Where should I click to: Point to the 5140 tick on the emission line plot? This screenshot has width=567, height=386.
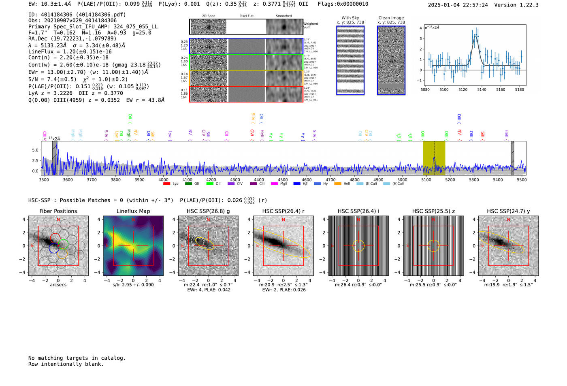(x=482, y=90)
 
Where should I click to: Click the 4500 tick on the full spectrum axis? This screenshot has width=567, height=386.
(x=283, y=179)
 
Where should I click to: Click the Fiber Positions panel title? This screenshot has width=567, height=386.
(x=58, y=211)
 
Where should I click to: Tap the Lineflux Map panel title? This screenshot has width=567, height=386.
(x=133, y=211)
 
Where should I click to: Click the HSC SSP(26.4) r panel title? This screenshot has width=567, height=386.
(x=283, y=211)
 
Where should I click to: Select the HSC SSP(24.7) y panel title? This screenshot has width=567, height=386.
(x=508, y=211)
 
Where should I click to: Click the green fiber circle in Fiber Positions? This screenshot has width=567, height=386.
(x=63, y=243)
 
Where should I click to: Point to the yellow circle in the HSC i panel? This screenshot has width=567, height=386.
(x=358, y=245)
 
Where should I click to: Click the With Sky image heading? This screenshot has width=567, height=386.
(x=350, y=18)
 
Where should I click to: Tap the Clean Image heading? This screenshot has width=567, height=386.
(x=391, y=18)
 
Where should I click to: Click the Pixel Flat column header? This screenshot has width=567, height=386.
(x=246, y=16)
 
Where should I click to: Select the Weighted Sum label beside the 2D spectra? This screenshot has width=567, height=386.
(x=310, y=25)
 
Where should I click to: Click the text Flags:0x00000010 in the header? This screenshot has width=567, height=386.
(x=343, y=4)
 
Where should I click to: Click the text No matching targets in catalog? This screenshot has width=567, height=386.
(x=77, y=358)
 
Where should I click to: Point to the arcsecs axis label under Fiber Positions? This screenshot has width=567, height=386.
(x=58, y=285)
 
